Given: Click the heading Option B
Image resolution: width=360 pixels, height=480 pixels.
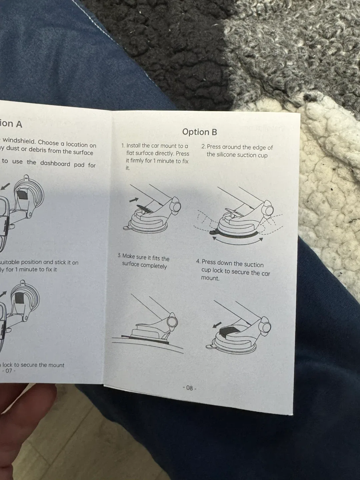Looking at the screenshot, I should pos(199,132).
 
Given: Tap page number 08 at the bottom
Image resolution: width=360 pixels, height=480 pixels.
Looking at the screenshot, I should pos(189,388).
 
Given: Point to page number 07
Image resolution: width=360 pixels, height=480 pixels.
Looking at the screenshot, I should pos(9,370).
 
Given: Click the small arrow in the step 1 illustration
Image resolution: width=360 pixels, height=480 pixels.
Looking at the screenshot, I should pos(133,199).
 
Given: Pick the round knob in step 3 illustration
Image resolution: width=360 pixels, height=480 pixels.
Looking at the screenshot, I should pos(172,321).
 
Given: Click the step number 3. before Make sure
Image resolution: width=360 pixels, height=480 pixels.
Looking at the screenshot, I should pos(119,255).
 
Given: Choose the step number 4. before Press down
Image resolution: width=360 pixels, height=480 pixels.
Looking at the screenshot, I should pos(198,262).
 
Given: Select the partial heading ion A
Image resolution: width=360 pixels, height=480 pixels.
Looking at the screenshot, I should pos(11,124).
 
